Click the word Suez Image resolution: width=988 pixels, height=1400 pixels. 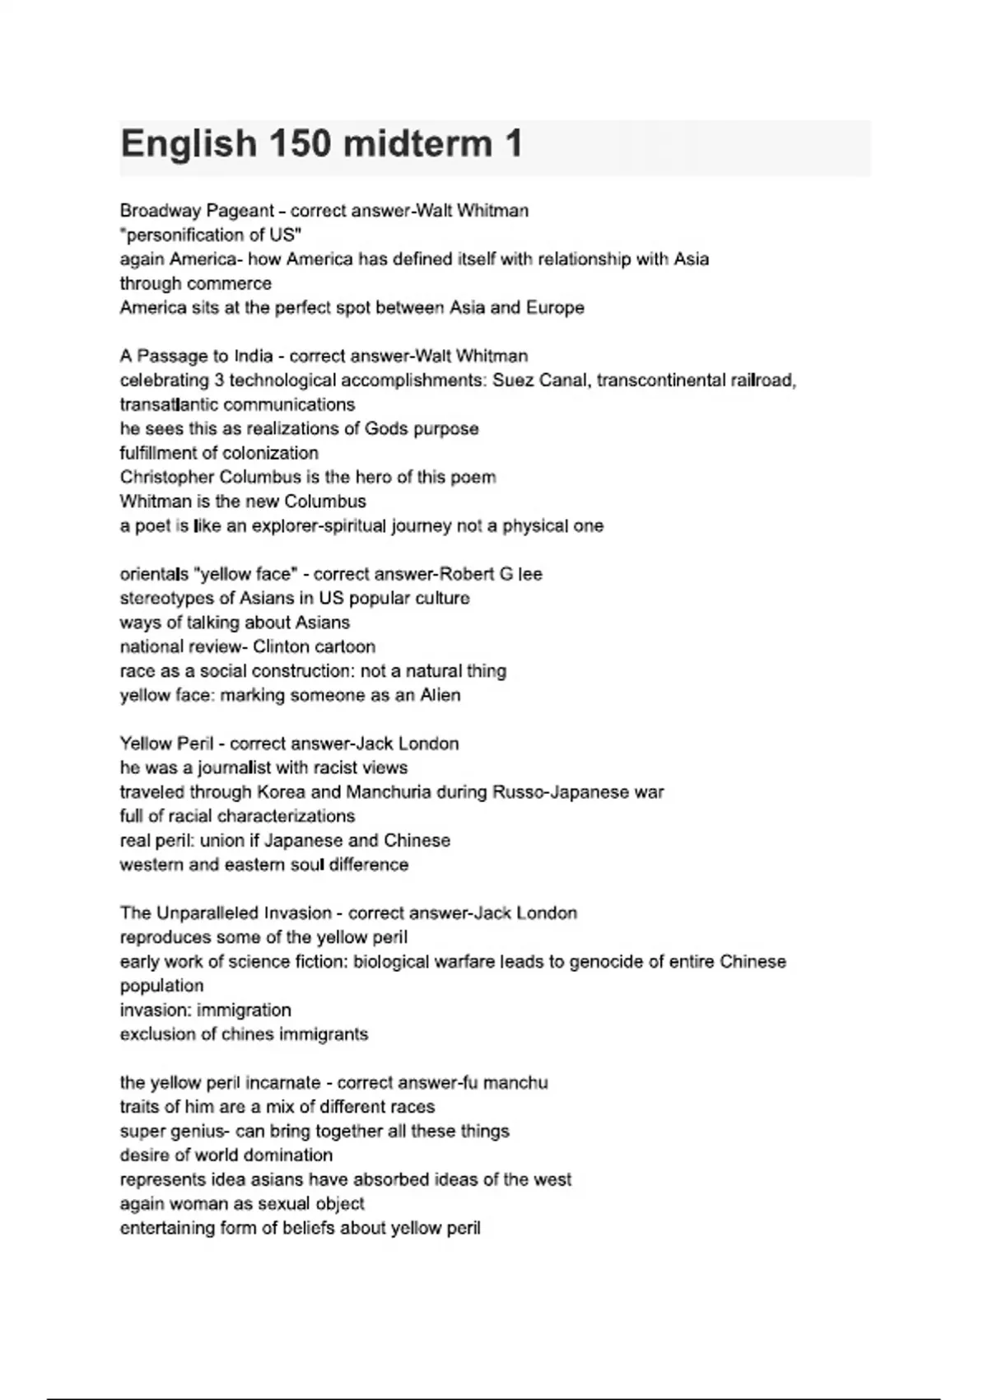click(513, 380)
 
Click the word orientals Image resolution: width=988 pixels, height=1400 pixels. click(154, 574)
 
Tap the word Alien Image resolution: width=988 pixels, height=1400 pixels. click(440, 695)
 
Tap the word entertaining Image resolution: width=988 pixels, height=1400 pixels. click(167, 1228)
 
